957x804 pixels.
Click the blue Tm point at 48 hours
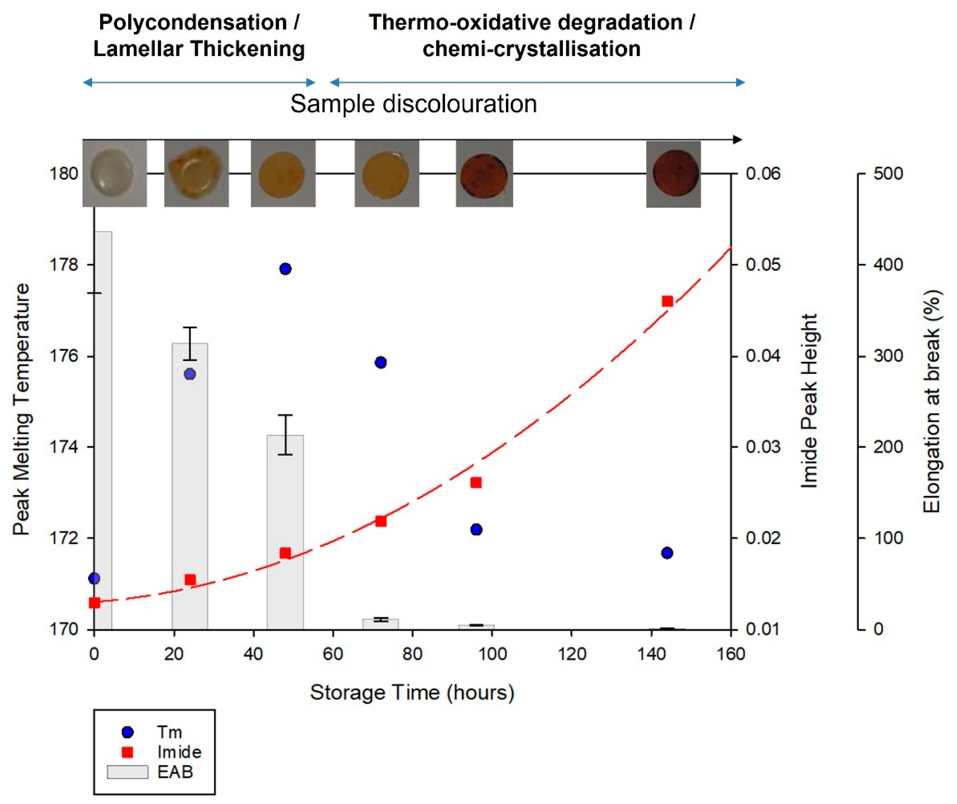tap(285, 269)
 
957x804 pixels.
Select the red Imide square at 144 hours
tap(667, 301)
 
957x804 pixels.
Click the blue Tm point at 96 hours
tap(476, 530)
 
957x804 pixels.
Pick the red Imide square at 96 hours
tap(476, 483)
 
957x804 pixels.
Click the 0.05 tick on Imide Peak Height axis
tap(763, 265)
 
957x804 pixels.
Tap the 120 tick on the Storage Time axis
tap(572, 654)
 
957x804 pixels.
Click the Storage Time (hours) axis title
tap(412, 692)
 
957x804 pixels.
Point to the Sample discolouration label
tap(414, 104)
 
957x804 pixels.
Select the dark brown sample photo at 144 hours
tap(673, 174)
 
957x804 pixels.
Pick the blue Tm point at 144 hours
tap(667, 553)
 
